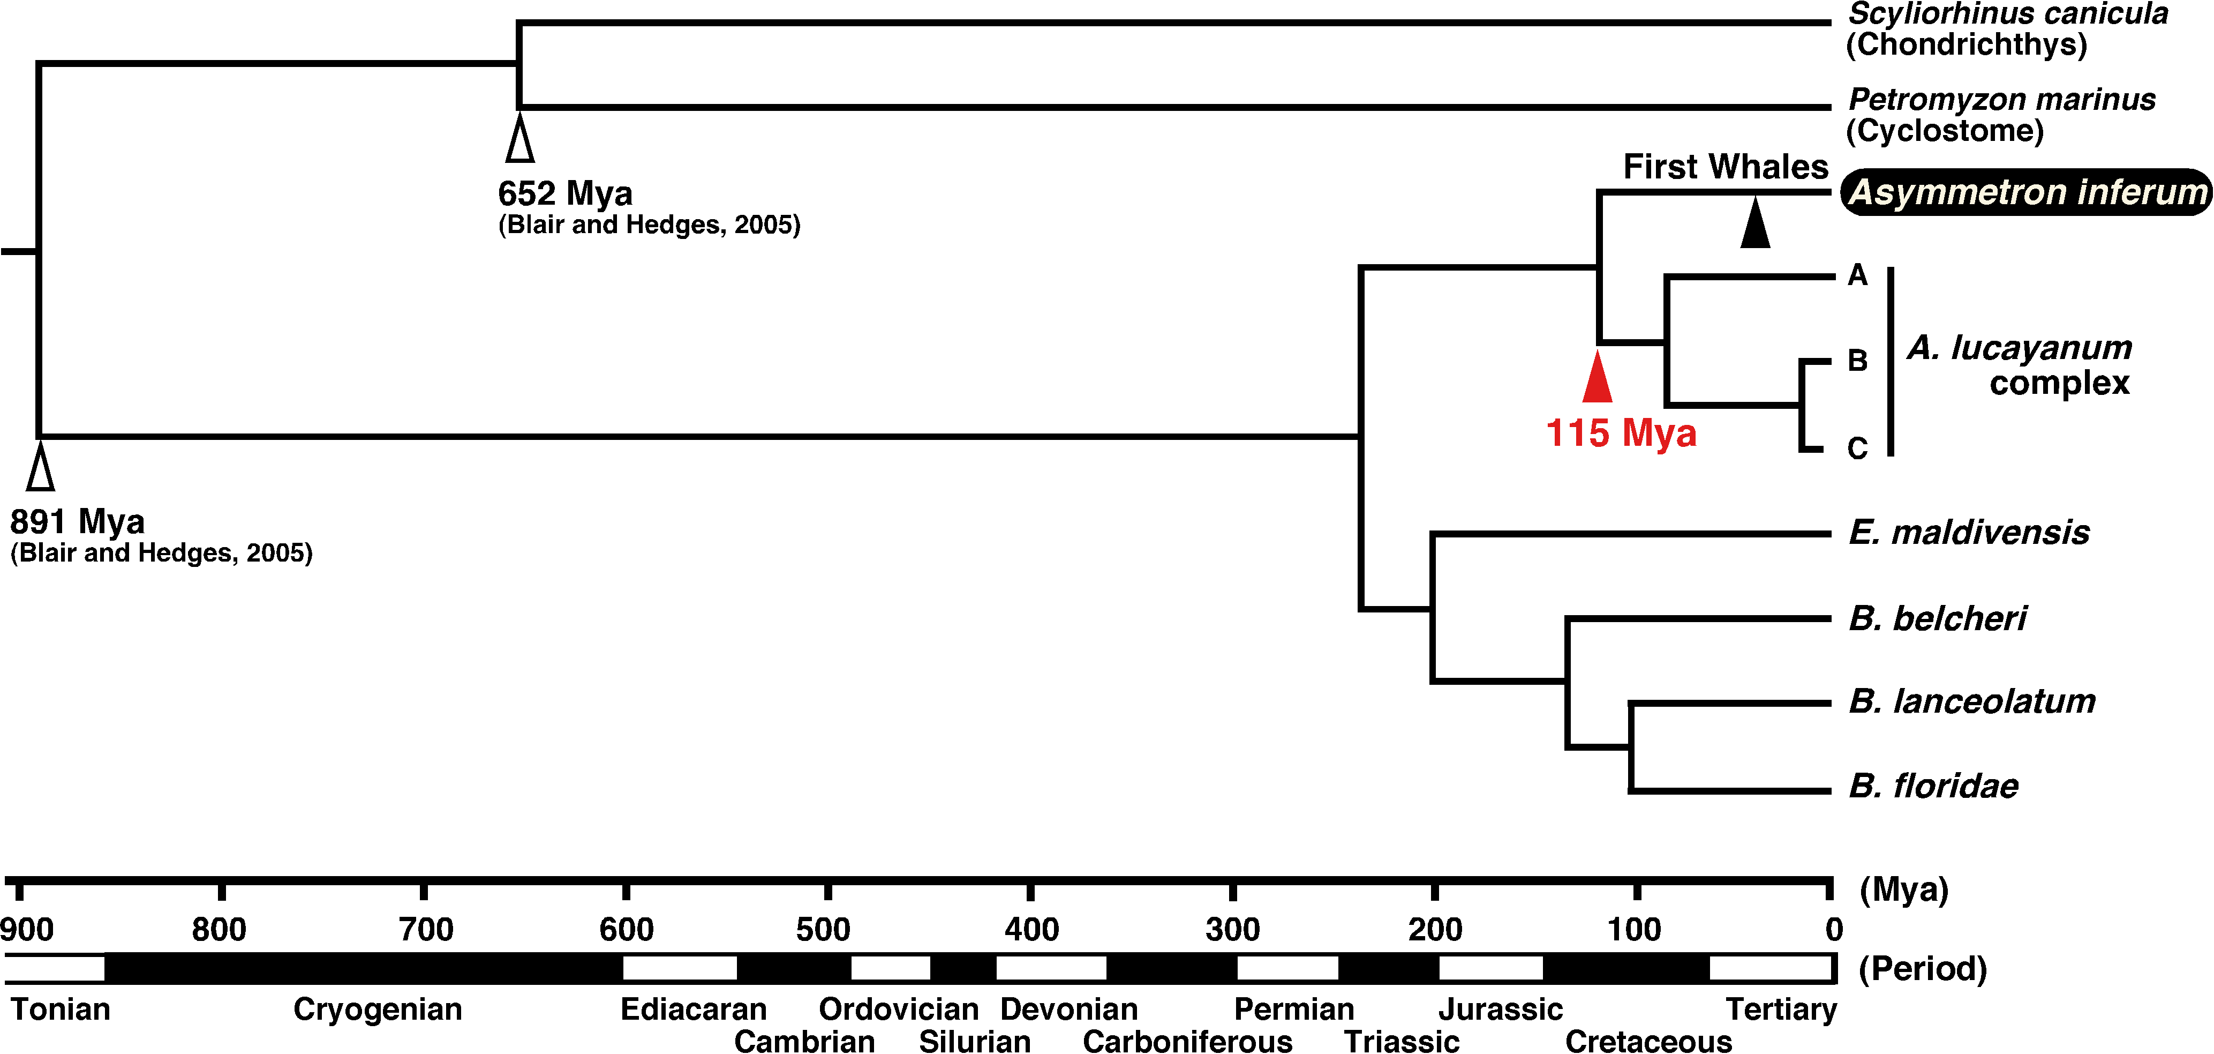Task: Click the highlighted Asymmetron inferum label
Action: [2027, 192]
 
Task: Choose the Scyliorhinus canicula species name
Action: [2008, 14]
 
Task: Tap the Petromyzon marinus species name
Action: [2002, 99]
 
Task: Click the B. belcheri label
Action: [1937, 618]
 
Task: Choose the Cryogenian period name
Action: [378, 1010]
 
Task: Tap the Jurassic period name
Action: [1501, 1010]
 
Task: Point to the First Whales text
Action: [1726, 166]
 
